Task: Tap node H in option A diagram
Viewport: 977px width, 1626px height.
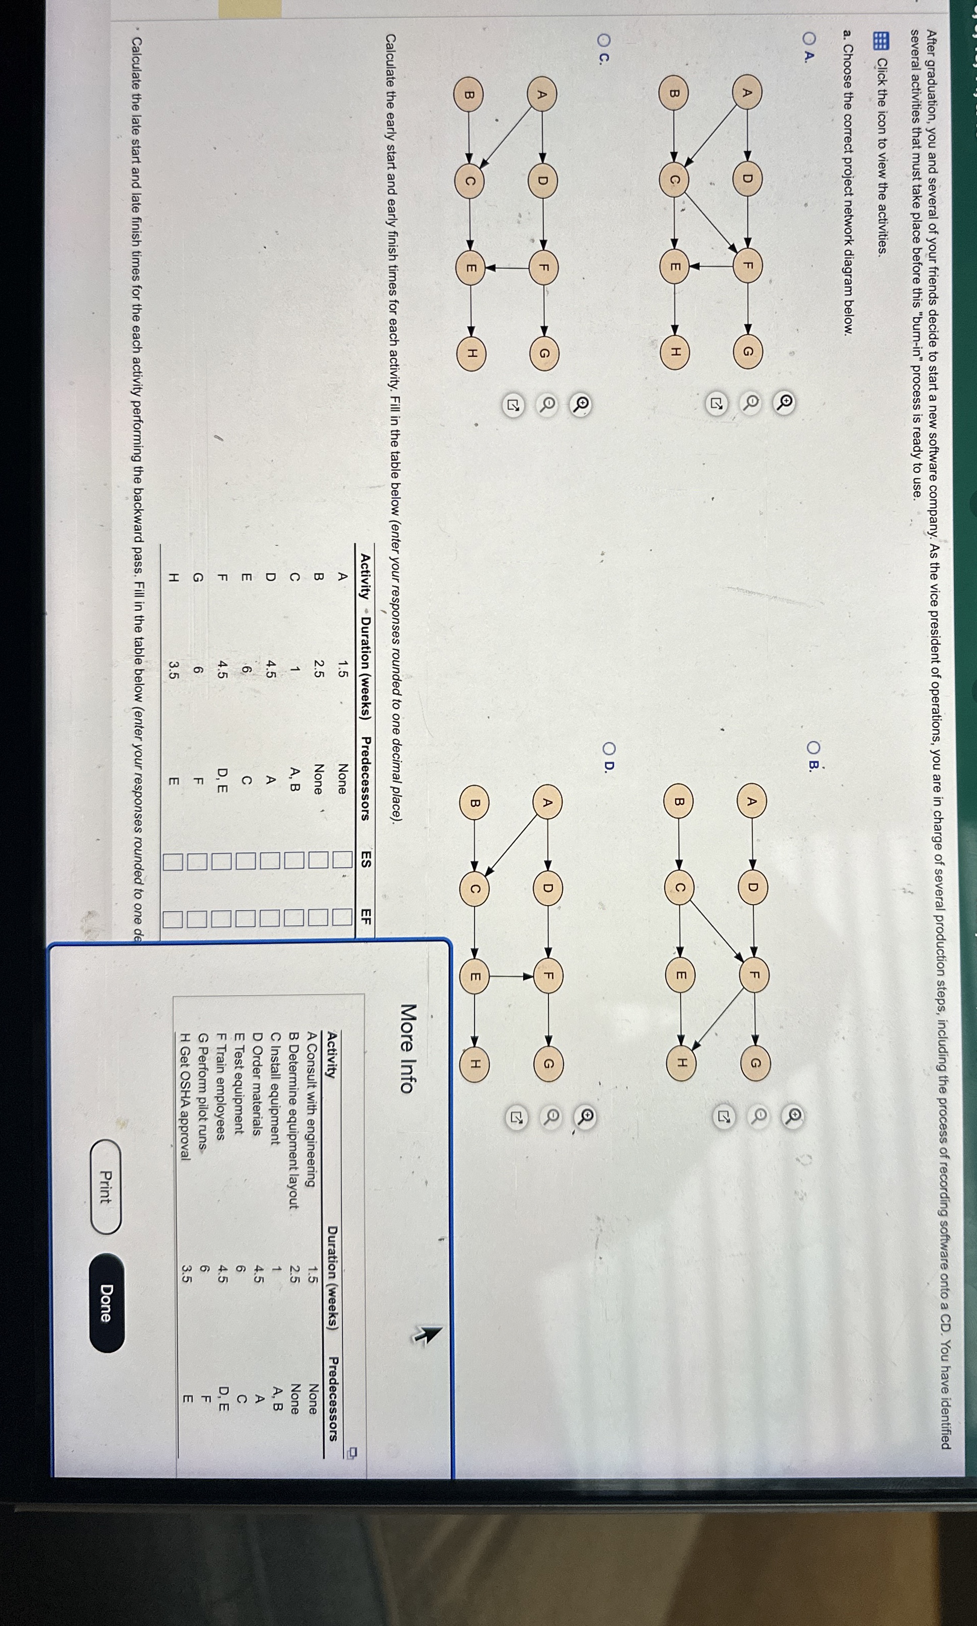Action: click(675, 352)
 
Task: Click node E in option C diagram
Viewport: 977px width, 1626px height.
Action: click(471, 268)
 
